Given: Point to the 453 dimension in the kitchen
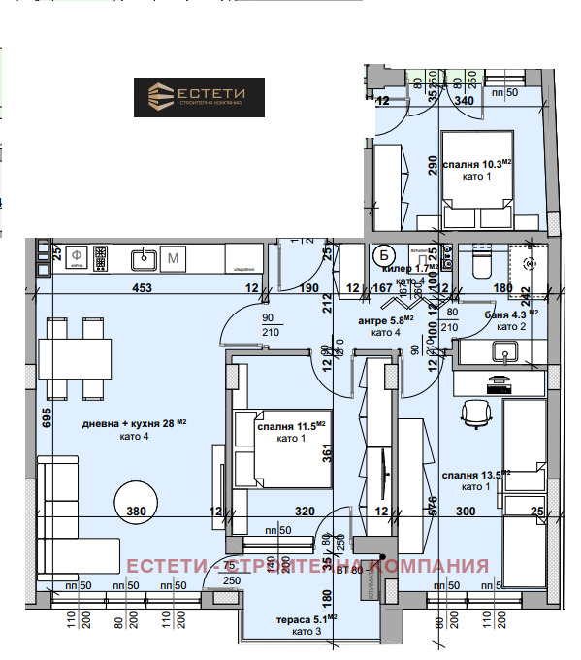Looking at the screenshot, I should [116, 287].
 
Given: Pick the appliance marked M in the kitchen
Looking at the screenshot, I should [174, 257].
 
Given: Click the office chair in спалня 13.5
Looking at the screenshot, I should [475, 414].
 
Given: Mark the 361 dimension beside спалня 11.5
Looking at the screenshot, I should [328, 451].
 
